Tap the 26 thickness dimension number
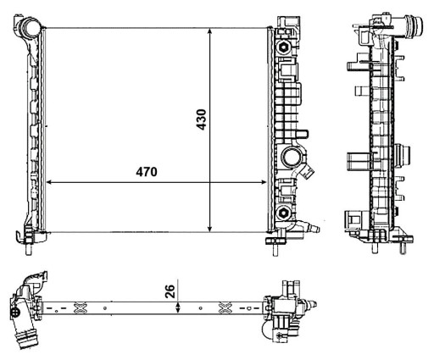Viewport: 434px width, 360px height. tap(170, 291)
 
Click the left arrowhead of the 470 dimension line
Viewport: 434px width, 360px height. tap(49, 181)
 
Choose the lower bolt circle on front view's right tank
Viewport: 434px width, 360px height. tap(282, 214)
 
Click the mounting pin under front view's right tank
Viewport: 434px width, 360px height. tap(275, 246)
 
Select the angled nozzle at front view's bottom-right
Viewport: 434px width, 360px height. tap(310, 226)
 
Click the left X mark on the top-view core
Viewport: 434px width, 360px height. tap(81, 306)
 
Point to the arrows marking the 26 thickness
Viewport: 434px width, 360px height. tap(176, 306)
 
